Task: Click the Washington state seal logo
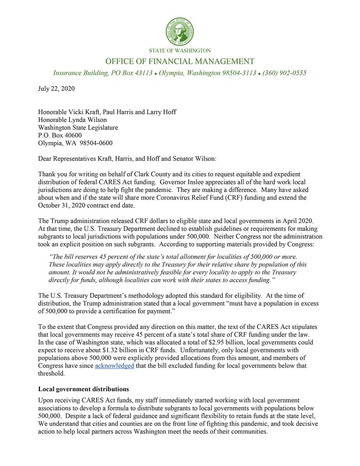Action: (x=180, y=31)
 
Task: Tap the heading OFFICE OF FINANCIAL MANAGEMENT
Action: (x=180, y=61)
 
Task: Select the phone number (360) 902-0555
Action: (x=284, y=73)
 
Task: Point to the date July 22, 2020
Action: (x=56, y=89)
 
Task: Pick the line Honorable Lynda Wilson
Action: (x=72, y=120)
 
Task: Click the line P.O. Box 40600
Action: (x=60, y=135)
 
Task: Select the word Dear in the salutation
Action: (x=45, y=158)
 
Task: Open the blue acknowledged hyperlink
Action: (x=115, y=366)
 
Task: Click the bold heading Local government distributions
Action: (x=83, y=389)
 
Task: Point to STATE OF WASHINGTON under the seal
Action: (x=180, y=50)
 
